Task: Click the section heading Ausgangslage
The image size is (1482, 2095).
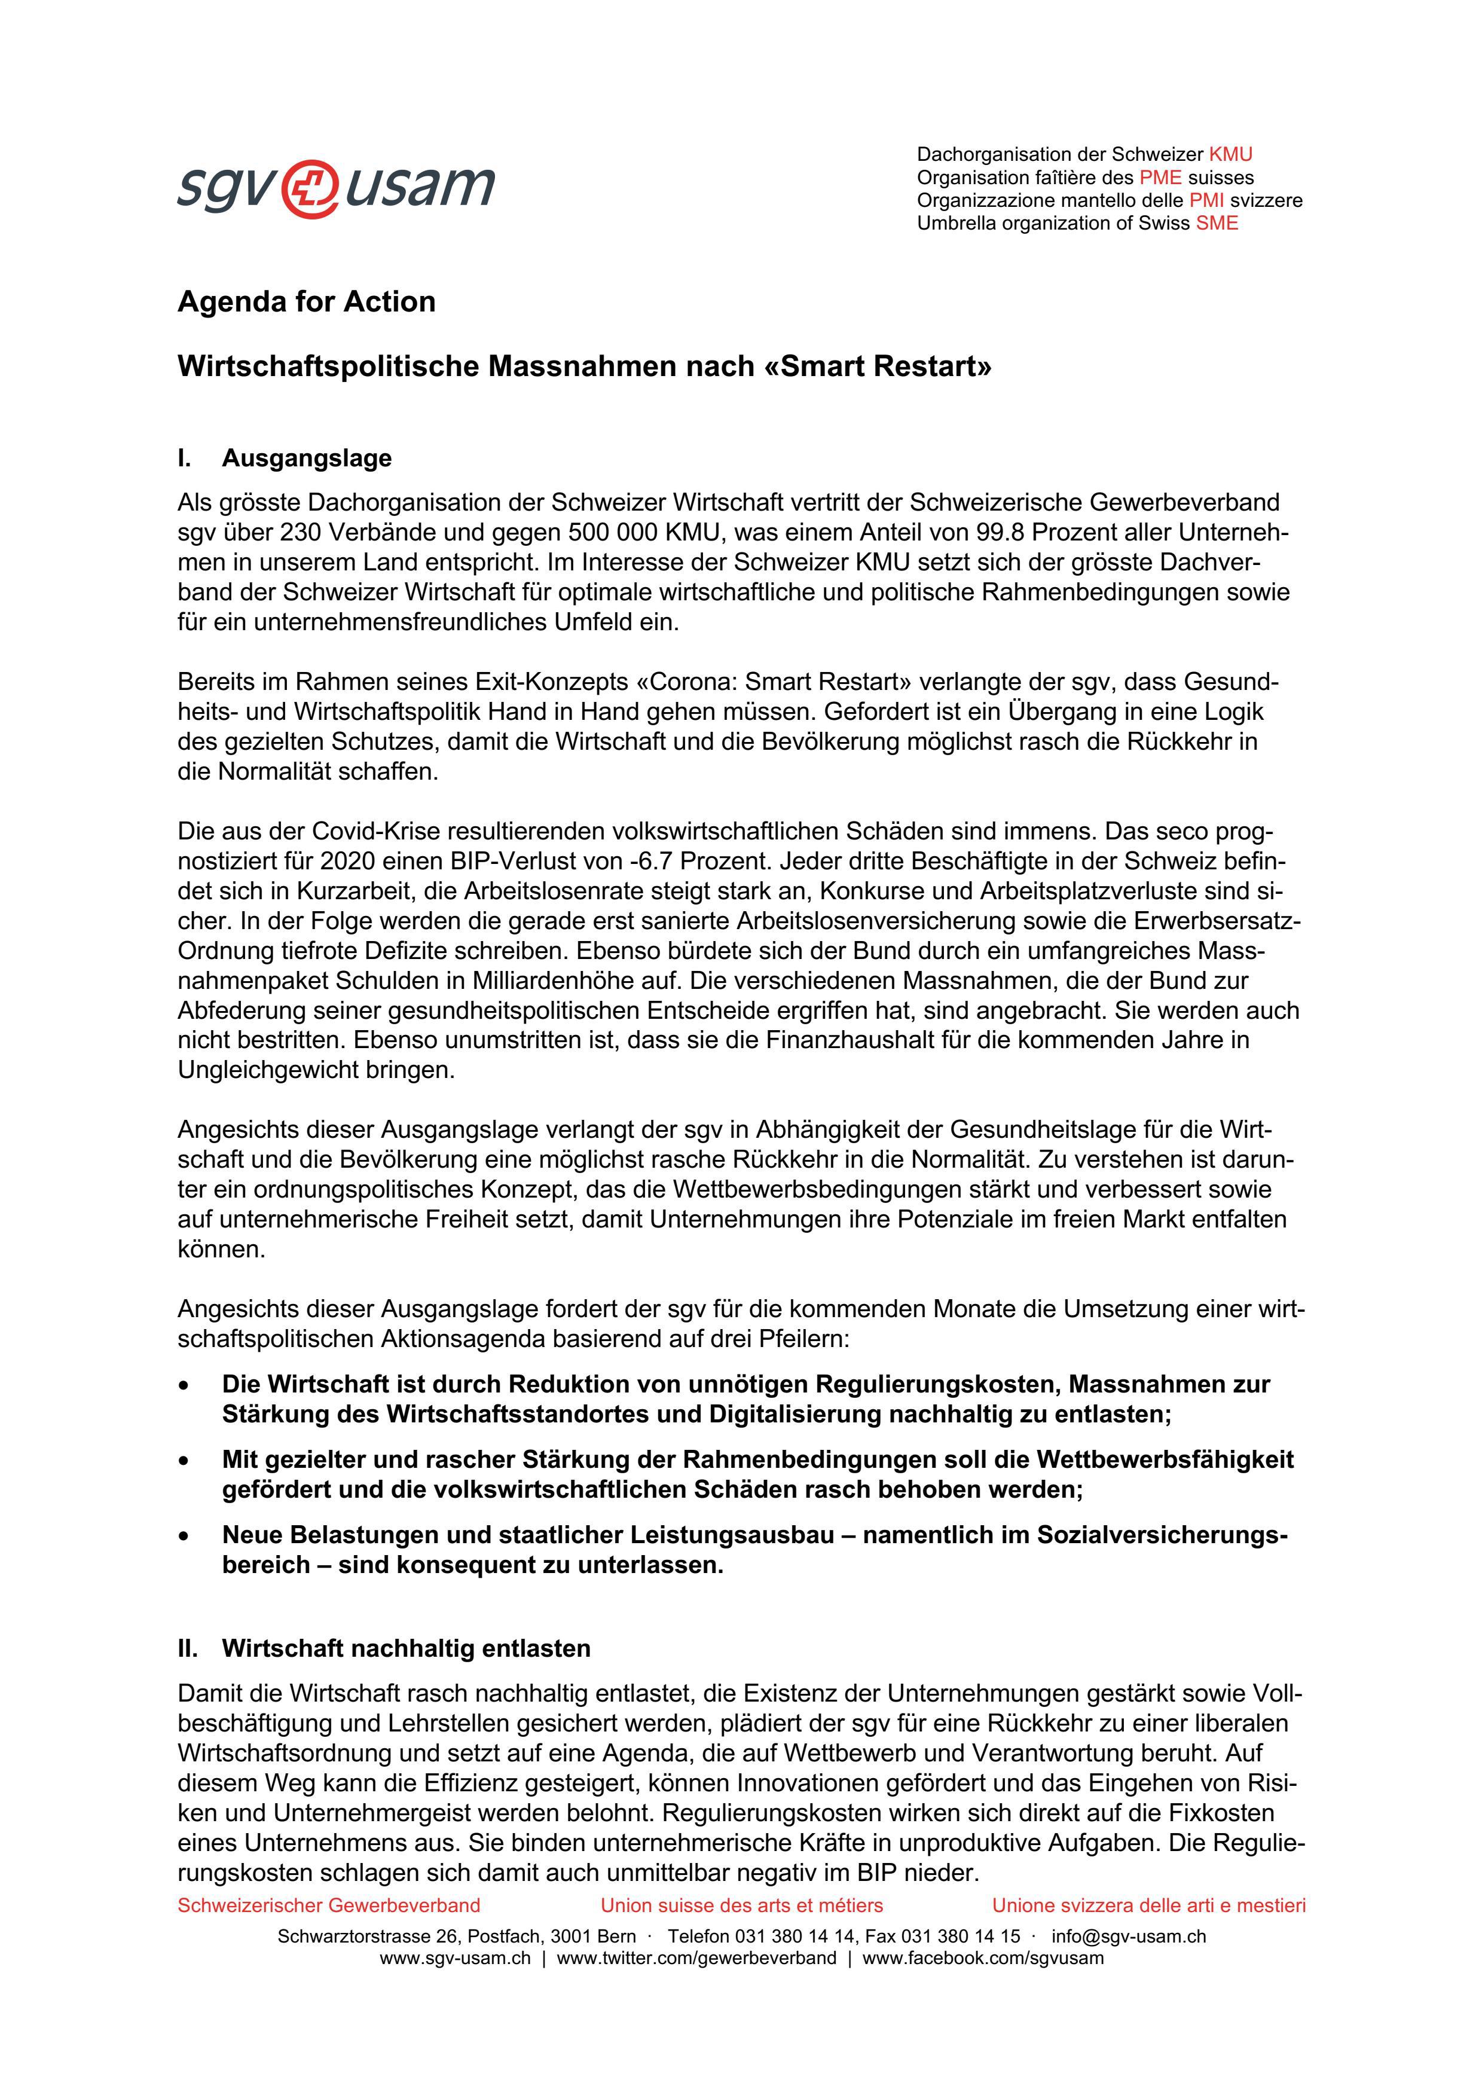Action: [307, 458]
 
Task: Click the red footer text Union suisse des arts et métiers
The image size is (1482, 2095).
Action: [741, 1905]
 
